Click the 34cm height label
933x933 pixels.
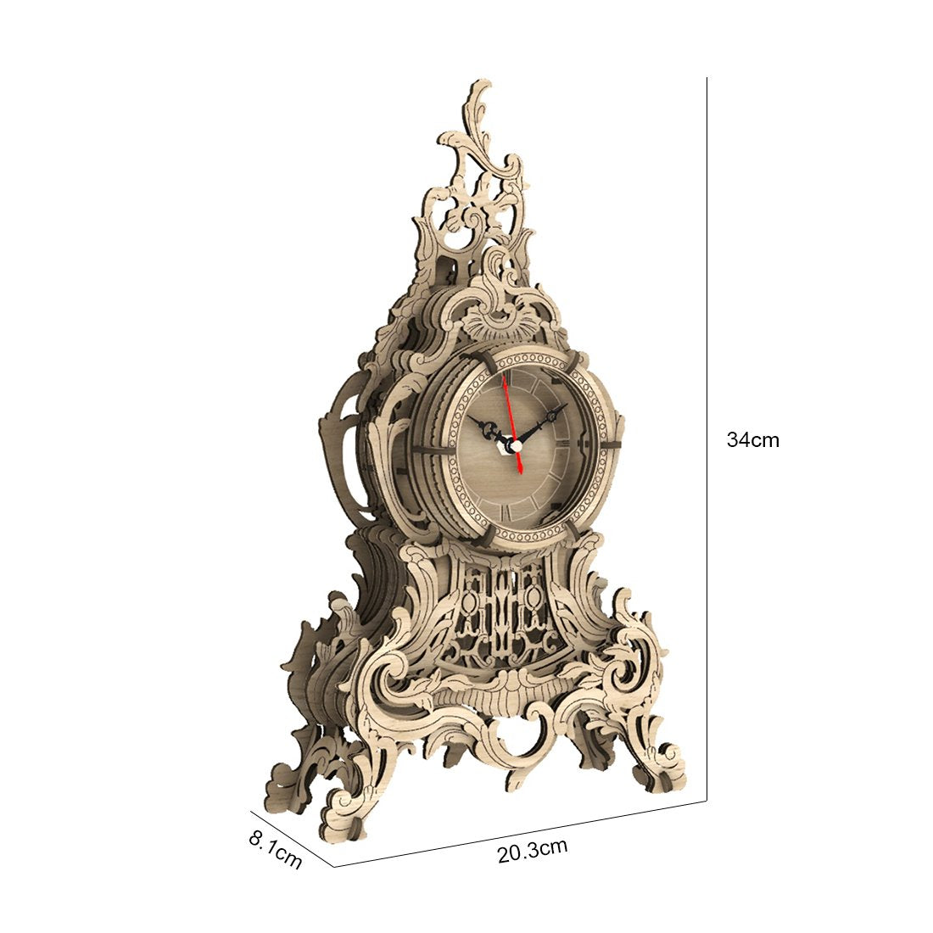click(752, 439)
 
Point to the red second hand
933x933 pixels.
click(512, 423)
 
